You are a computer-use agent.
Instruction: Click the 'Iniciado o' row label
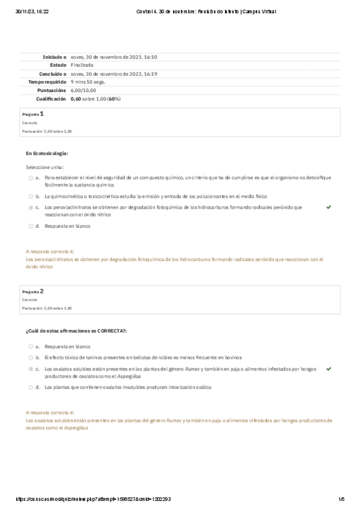tap(52, 57)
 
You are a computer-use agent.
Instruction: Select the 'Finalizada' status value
tap(82, 65)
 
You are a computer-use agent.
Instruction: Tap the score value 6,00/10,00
tap(83, 90)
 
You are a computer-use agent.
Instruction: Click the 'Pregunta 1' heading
tap(33, 113)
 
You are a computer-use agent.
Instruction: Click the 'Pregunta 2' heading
tap(33, 291)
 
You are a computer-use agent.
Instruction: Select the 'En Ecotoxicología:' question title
tap(47, 153)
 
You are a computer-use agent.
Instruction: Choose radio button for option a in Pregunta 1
tap(31, 178)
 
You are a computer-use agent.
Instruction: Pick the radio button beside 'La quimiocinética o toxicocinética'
tap(31, 196)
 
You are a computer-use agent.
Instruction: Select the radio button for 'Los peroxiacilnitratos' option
tap(31, 207)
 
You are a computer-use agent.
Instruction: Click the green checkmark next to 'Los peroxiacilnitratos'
tap(329, 207)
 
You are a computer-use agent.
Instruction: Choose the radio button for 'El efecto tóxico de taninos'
tap(31, 357)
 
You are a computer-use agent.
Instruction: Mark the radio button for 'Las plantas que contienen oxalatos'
tap(31, 387)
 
